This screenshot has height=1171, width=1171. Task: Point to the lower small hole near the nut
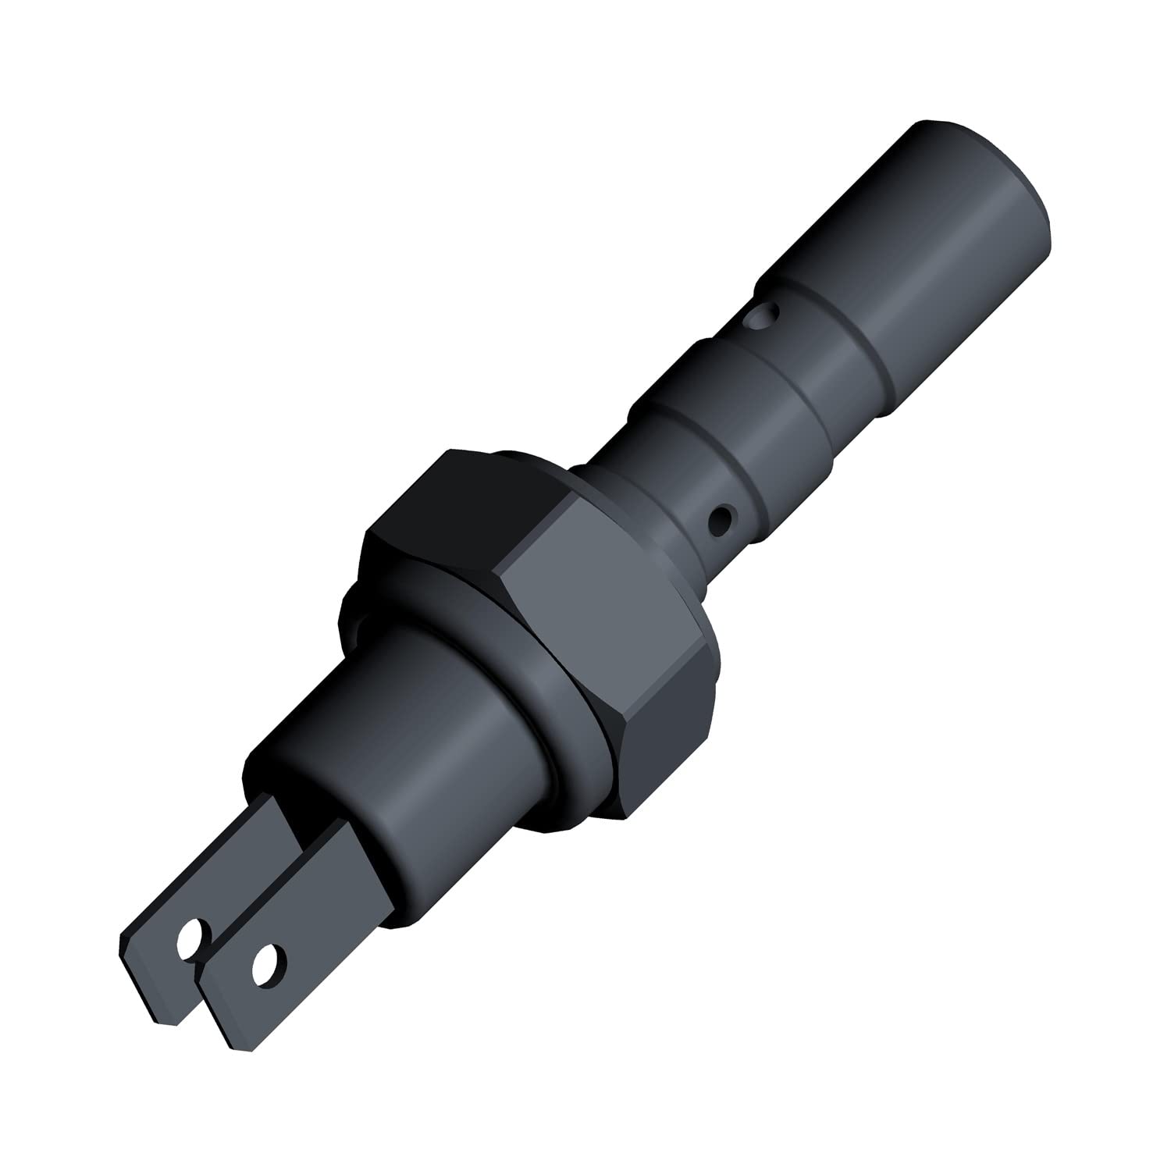pos(723,518)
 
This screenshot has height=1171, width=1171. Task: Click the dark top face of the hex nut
pos(453,500)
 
